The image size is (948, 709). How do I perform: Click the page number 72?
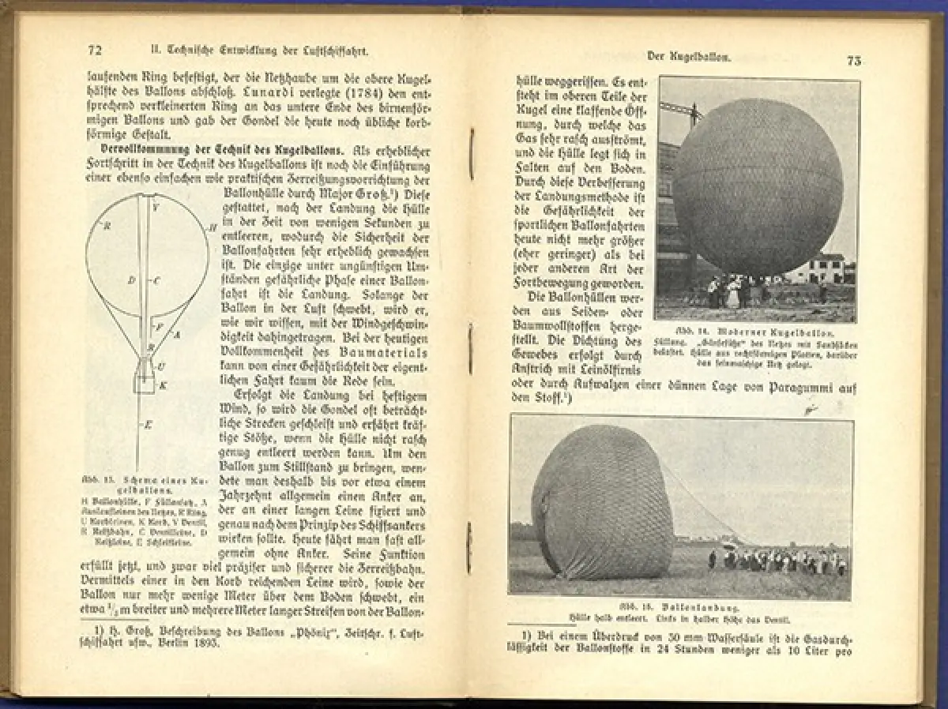coord(95,51)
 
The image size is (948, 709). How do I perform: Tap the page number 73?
coord(854,62)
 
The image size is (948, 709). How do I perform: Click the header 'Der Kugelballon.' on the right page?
coord(688,56)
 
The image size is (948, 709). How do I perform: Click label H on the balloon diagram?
coord(213,227)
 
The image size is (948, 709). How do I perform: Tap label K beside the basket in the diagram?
coord(164,385)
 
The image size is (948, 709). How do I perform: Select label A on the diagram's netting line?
coord(177,334)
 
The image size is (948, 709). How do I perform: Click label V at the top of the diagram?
coord(156,208)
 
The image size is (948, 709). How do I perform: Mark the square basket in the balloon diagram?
coord(145,384)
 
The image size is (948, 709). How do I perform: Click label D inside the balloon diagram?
coord(131,280)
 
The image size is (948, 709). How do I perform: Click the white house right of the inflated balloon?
coord(814,270)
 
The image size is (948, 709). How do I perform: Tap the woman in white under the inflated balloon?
coord(732,293)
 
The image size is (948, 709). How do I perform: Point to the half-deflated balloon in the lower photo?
coord(602,503)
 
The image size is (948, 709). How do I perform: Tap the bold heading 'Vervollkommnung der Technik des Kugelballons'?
coord(219,149)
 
